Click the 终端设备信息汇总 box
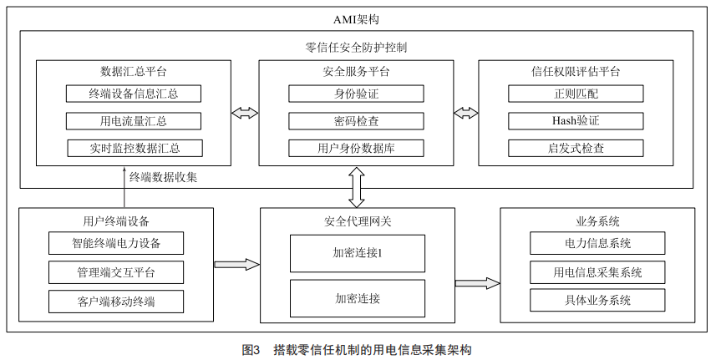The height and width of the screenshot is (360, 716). [x=134, y=94]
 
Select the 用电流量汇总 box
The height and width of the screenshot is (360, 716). [x=134, y=121]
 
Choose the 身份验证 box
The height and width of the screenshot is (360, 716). [x=356, y=94]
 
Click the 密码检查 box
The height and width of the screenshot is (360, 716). [x=356, y=121]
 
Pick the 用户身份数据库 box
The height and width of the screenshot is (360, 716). [x=356, y=149]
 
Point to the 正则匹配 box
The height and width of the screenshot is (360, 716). [x=576, y=94]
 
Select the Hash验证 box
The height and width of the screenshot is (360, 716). [x=576, y=121]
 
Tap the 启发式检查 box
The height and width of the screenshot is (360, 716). [x=576, y=149]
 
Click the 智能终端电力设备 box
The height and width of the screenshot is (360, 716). [x=115, y=244]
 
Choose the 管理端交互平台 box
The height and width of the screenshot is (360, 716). [x=115, y=272]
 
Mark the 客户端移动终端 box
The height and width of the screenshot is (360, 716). [x=115, y=301]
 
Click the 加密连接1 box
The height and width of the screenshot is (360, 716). [x=357, y=253]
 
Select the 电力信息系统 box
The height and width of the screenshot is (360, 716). [x=597, y=244]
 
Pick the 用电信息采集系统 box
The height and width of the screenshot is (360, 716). [x=597, y=272]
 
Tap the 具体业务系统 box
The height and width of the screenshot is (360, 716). [x=597, y=301]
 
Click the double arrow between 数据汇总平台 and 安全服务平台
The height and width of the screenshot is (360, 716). [x=245, y=113]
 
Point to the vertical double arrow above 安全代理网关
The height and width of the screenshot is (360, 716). [x=357, y=188]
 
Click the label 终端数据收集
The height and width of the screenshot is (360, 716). [x=163, y=177]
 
